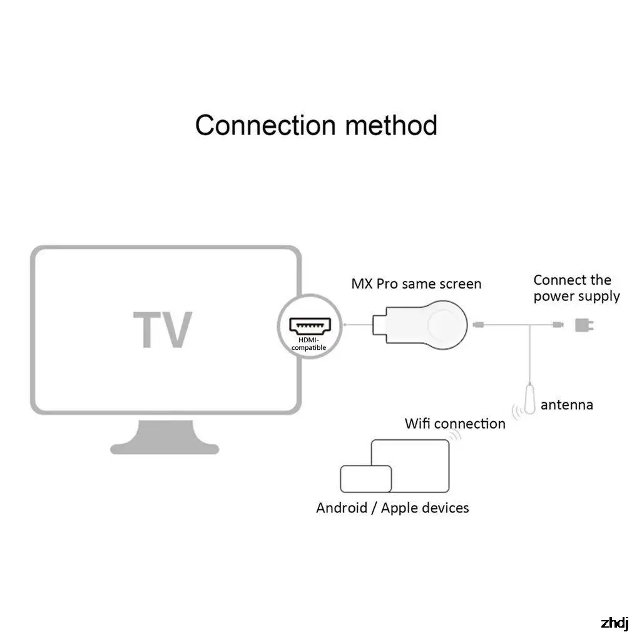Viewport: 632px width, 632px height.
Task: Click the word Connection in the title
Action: point(265,125)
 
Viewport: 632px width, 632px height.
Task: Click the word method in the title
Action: point(391,125)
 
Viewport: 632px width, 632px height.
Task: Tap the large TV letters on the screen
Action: point(163,329)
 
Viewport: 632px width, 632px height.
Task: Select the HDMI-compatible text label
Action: point(308,344)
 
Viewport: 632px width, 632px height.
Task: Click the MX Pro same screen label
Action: point(416,283)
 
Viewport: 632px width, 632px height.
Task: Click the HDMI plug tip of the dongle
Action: point(379,325)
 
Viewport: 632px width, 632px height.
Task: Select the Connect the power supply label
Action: point(576,288)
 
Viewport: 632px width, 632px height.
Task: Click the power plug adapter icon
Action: point(584,325)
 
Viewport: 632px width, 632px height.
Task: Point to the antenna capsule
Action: point(529,399)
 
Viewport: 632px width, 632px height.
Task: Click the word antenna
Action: point(567,405)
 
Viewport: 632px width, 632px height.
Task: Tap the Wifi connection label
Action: point(455,424)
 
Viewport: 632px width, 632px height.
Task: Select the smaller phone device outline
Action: point(366,479)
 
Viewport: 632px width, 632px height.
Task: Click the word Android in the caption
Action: point(342,508)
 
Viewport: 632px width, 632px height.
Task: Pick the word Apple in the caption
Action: point(400,509)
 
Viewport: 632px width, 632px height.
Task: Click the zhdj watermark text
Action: point(614,623)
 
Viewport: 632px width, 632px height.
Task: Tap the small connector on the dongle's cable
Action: point(479,325)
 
